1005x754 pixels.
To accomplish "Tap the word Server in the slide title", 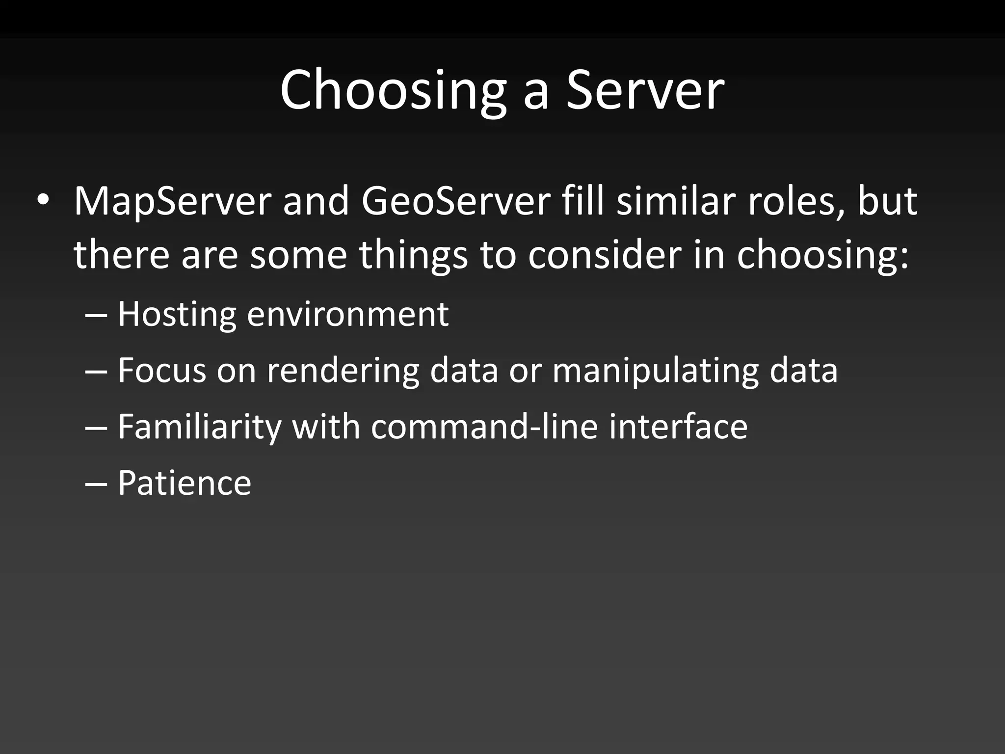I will coord(645,90).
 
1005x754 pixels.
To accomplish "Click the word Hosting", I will coord(177,315).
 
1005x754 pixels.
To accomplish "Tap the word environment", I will coord(347,315).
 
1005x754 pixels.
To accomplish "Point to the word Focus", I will coord(162,370).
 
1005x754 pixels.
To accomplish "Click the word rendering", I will coord(343,371).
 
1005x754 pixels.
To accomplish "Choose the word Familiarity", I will coord(199,427).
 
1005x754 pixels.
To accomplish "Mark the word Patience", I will coord(184,483).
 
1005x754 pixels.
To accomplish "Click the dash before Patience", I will coord(96,483).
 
